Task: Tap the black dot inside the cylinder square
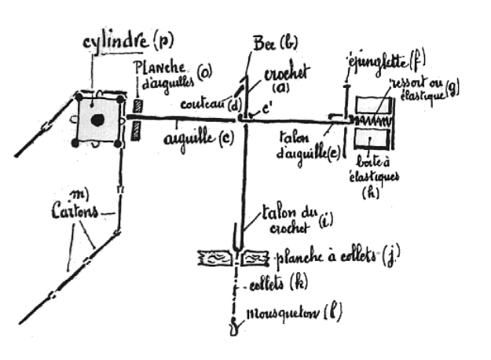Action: [x=98, y=119]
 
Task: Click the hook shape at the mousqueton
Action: [x=233, y=326]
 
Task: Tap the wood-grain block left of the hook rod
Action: [x=216, y=256]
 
